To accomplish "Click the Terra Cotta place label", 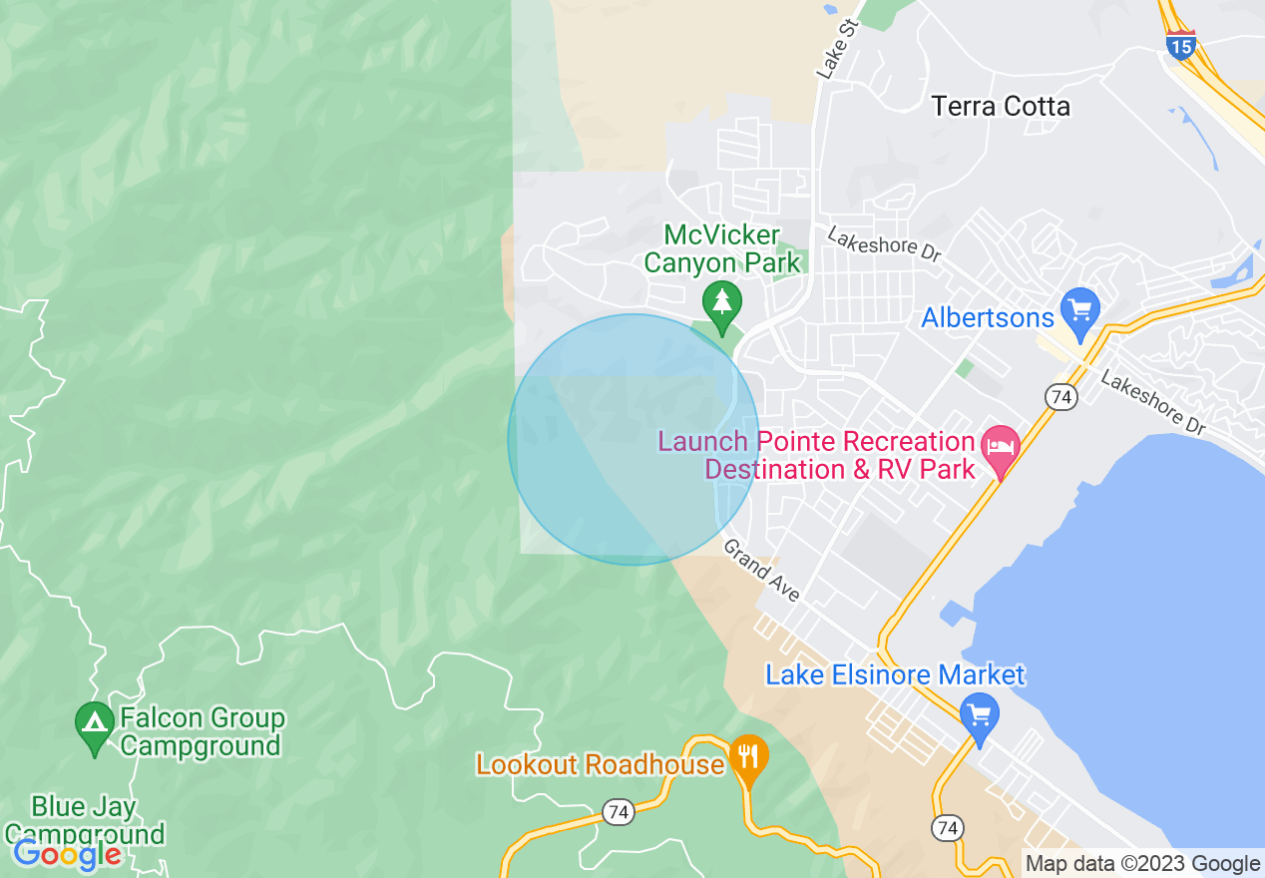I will click(x=1001, y=106).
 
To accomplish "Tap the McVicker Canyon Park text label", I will click(x=722, y=249).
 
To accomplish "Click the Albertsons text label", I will click(x=988, y=318).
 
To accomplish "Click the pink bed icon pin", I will click(x=1000, y=446).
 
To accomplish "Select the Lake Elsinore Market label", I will click(x=894, y=675).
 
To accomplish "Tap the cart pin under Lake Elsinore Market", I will click(x=980, y=714).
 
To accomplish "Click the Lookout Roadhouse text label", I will click(x=600, y=765).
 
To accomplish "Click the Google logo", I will click(x=68, y=854).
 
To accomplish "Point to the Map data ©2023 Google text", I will click(x=1143, y=864).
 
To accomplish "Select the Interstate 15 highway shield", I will click(x=1181, y=45).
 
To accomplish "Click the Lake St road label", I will click(x=836, y=49).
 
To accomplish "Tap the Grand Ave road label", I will click(x=761, y=570).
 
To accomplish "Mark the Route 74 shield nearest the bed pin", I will click(x=1061, y=397).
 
